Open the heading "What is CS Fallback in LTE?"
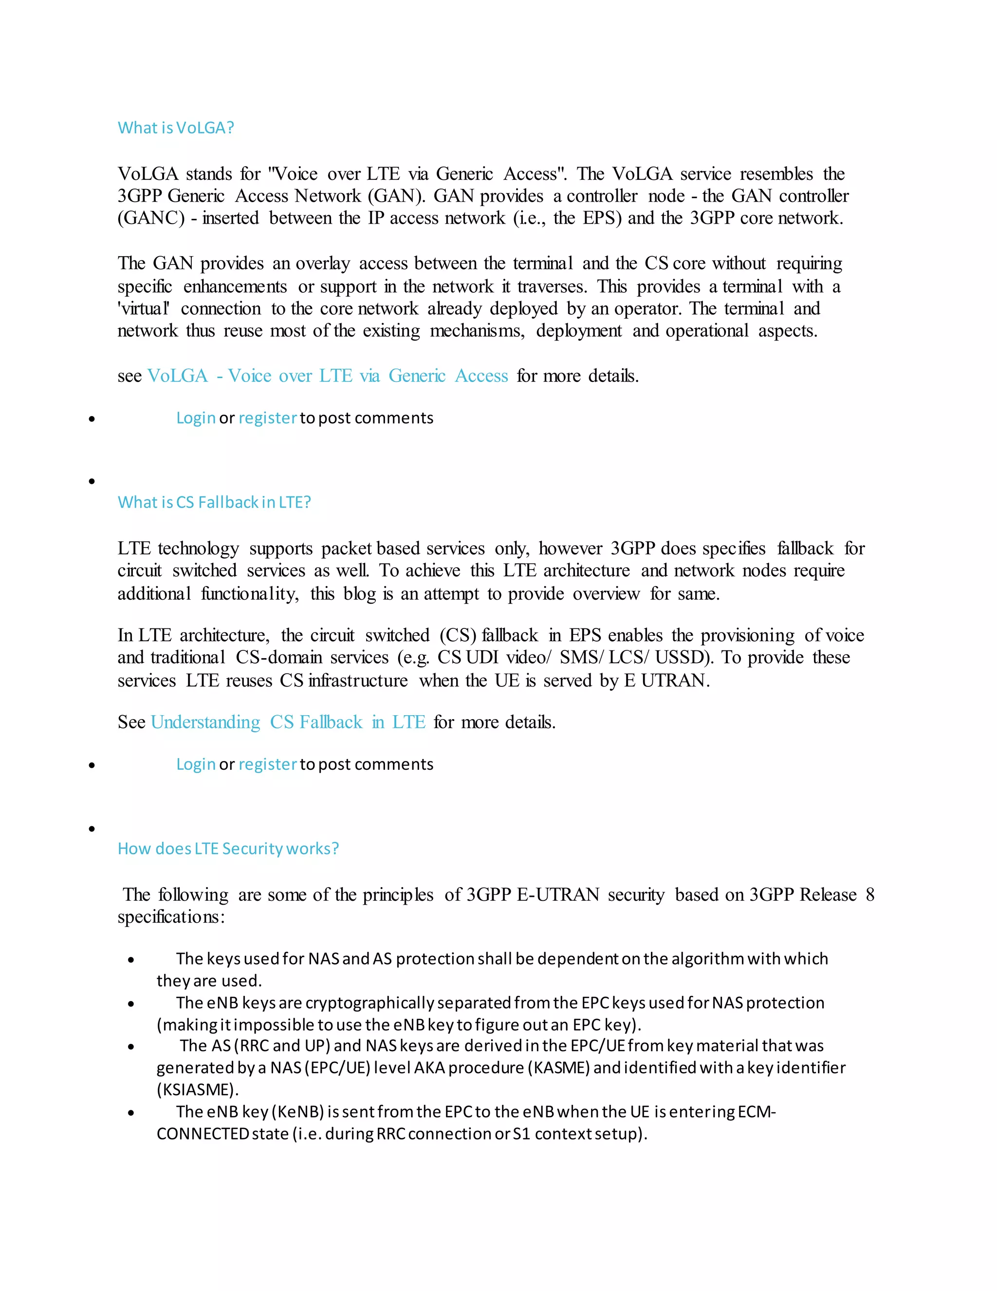pyautogui.click(x=214, y=502)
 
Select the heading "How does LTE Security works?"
pyautogui.click(x=228, y=849)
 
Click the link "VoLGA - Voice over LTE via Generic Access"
pyautogui.click(x=327, y=376)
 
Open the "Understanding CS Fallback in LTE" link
pyautogui.click(x=288, y=722)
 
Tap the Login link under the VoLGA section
pyautogui.click(x=196, y=418)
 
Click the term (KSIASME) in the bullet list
pyautogui.click(x=197, y=1089)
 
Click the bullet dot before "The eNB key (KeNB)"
pyautogui.click(x=131, y=1113)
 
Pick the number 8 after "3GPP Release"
pyautogui.click(x=869, y=894)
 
